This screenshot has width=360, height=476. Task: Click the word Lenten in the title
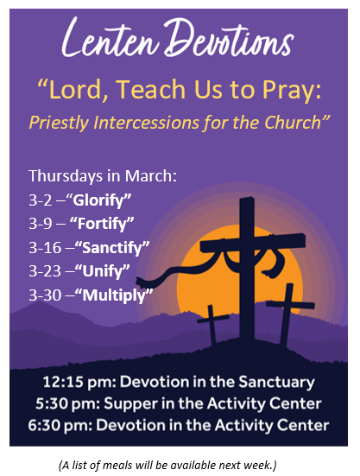111,38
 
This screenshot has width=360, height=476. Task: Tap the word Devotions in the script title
229,38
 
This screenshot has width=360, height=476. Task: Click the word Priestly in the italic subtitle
60,124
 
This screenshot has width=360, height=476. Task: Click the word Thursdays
66,176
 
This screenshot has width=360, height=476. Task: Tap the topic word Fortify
102,224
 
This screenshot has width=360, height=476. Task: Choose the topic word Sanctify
112,247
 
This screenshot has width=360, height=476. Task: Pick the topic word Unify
103,271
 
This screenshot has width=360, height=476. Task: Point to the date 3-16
45,248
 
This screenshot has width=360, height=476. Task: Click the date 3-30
45,295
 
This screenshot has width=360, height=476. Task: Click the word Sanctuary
276,383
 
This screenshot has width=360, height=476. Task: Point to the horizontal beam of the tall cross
253,243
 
